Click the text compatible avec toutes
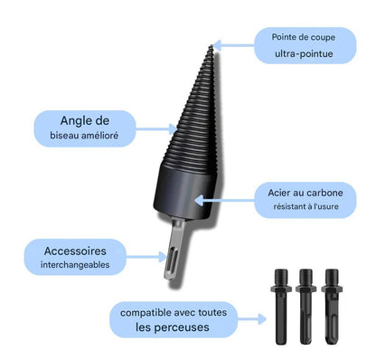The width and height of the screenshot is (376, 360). pos(177,312)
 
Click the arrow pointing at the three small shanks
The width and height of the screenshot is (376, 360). pos(257,319)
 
